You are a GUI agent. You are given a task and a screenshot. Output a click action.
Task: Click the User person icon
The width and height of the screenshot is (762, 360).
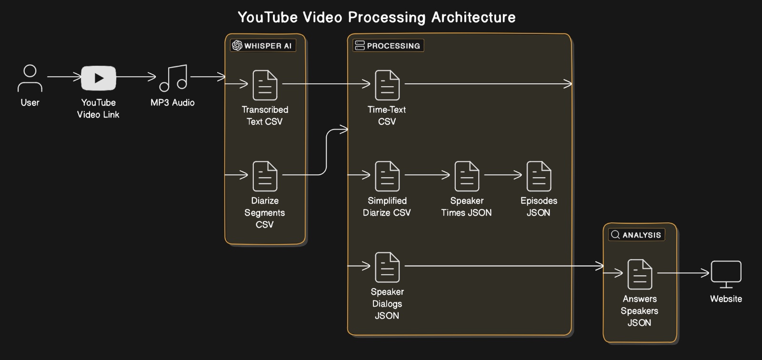click(x=30, y=78)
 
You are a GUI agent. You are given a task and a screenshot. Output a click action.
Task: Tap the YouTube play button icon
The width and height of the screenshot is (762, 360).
click(x=99, y=78)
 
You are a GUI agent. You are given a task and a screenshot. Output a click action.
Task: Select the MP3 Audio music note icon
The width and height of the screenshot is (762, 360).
click(x=173, y=78)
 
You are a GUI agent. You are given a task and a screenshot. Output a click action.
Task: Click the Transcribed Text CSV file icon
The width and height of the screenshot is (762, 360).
click(x=265, y=85)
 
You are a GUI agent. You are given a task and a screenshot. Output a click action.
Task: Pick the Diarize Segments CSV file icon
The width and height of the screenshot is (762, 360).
click(x=265, y=176)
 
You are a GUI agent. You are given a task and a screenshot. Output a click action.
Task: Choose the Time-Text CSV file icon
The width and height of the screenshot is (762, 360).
click(x=387, y=85)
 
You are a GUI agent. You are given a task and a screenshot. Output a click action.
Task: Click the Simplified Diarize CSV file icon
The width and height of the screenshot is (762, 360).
click(x=387, y=176)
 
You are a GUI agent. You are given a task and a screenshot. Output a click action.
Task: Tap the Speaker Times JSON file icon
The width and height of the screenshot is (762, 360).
click(x=467, y=176)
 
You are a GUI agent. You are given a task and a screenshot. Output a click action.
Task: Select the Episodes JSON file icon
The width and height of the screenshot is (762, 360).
click(x=539, y=176)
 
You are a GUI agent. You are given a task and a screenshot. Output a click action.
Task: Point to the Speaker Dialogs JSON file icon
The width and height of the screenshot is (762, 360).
click(x=387, y=267)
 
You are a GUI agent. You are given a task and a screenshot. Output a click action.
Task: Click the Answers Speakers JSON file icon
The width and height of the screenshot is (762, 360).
click(x=640, y=274)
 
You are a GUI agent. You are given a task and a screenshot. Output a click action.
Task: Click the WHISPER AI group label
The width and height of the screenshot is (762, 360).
click(x=263, y=46)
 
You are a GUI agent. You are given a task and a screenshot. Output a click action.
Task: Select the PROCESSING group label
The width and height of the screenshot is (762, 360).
click(x=388, y=46)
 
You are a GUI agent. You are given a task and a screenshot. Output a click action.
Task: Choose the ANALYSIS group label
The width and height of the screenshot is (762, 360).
click(x=637, y=235)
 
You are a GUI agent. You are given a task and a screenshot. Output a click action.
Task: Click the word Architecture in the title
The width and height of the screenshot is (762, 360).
click(x=473, y=18)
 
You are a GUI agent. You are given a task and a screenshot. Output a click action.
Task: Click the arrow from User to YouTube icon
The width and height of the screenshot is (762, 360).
click(x=64, y=77)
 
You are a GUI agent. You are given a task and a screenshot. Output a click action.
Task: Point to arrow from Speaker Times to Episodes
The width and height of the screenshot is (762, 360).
click(x=503, y=175)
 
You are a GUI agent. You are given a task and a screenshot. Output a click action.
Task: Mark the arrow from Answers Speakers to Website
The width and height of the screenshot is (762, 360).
click(x=683, y=273)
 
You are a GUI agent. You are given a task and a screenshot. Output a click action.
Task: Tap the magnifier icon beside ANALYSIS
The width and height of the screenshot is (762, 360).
click(x=615, y=235)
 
